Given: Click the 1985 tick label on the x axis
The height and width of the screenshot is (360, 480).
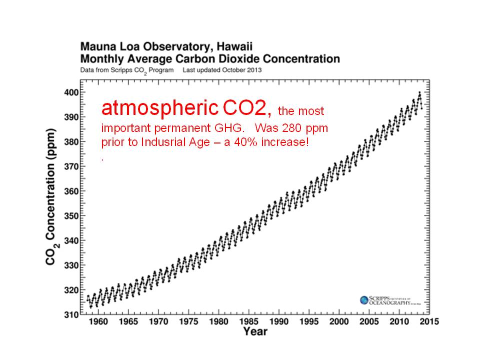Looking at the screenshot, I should pyautogui.click(x=249, y=321).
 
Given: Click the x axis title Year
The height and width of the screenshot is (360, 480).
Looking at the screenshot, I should pyautogui.click(x=255, y=331).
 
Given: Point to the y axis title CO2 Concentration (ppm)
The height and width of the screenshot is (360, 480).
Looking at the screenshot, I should pyautogui.click(x=51, y=203).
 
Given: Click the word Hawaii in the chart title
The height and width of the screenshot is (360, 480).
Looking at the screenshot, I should pyautogui.click(x=228, y=46).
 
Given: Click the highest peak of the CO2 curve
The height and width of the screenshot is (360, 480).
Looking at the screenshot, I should pyautogui.click(x=419, y=92).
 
